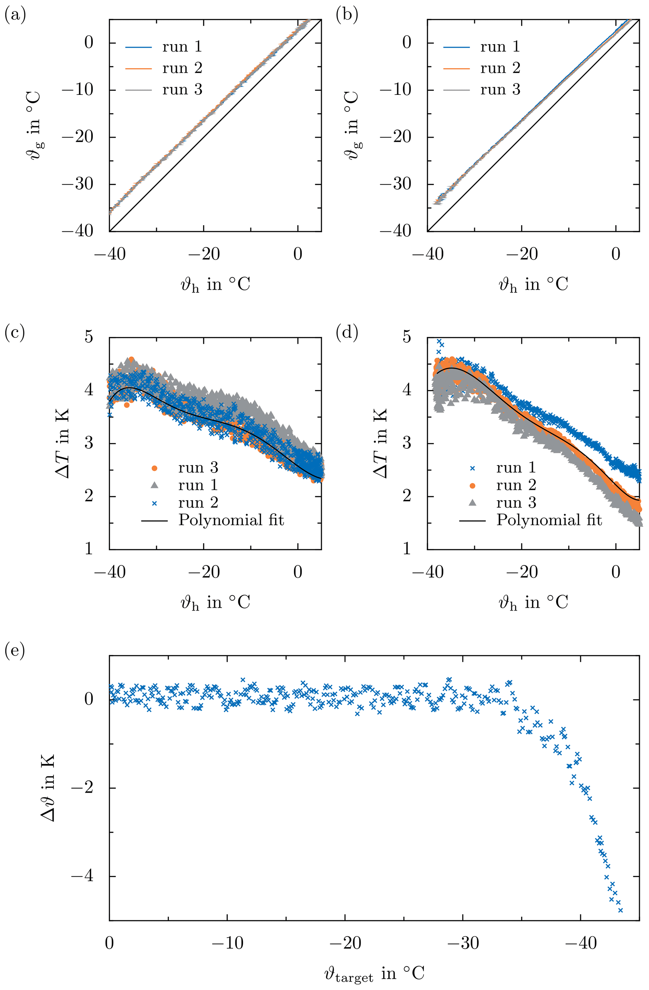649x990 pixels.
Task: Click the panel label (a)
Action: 15,16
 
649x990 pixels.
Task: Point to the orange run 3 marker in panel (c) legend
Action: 154,468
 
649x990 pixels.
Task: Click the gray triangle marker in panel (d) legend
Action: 472,502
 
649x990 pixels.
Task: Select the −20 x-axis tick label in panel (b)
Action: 522,254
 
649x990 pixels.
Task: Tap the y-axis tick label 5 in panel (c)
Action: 89,337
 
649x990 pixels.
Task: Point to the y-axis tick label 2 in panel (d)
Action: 407,496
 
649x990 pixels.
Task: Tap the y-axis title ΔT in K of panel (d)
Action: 381,443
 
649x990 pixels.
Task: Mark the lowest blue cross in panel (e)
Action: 620,911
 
